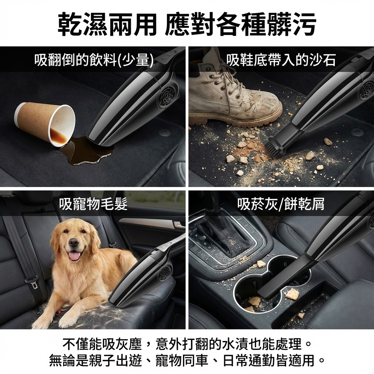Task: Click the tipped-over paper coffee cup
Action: (45, 123)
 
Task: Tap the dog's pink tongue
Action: (75, 256)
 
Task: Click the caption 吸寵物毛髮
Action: (93, 204)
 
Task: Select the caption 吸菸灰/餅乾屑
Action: (281, 204)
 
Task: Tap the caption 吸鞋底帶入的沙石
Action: (281, 60)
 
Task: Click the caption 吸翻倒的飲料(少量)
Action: (94, 60)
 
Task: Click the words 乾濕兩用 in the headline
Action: (107, 24)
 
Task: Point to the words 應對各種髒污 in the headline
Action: (240, 24)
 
